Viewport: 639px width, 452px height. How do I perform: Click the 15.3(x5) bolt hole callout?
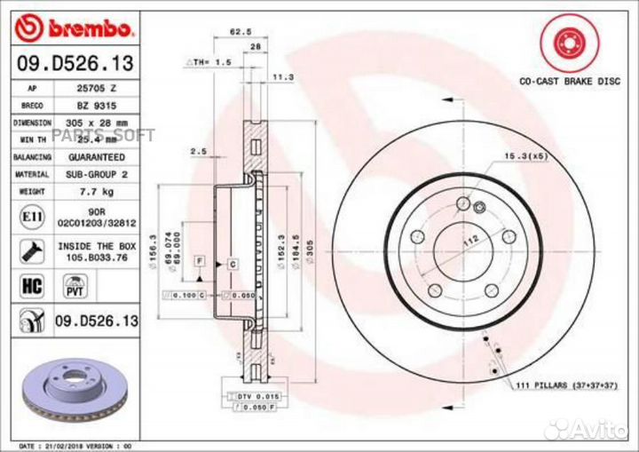[525, 157]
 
